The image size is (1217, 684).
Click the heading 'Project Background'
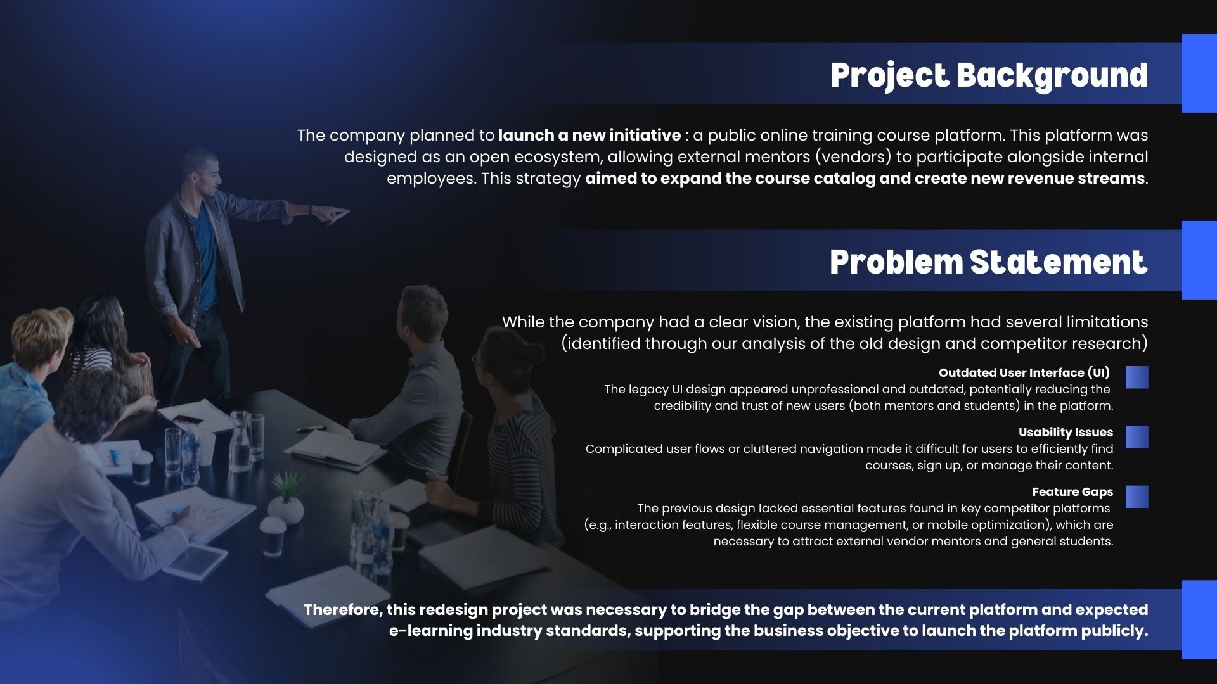(x=989, y=76)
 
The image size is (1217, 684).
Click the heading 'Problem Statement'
(x=989, y=262)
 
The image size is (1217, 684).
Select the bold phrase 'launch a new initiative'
(x=589, y=136)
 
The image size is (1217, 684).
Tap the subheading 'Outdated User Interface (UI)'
(x=1024, y=373)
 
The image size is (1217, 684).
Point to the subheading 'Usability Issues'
(x=1066, y=433)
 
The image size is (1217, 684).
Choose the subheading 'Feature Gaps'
(x=1072, y=492)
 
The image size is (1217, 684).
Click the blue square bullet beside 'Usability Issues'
(x=1137, y=437)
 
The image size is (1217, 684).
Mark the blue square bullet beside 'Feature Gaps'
(x=1137, y=497)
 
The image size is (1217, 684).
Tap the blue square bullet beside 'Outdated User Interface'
(x=1137, y=377)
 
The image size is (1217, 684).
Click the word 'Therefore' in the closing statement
(x=342, y=610)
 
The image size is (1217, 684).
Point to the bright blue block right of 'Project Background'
(x=1199, y=73)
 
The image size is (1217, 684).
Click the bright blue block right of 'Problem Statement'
(x=1199, y=260)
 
